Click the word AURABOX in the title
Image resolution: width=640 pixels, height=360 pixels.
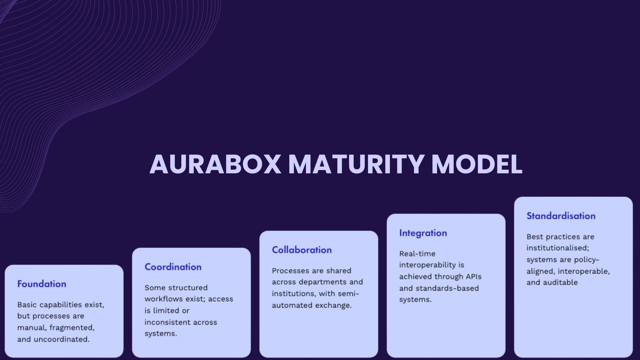(x=215, y=164)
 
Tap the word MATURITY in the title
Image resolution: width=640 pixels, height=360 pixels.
(x=356, y=164)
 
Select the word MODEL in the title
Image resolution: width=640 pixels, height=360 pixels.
(x=477, y=164)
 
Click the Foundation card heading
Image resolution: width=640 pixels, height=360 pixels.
(x=42, y=284)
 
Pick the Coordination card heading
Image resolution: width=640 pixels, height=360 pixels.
(x=173, y=267)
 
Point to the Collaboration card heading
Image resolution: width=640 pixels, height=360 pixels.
(x=302, y=250)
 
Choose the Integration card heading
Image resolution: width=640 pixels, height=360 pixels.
(x=423, y=233)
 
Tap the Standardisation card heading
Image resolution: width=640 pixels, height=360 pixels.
(x=561, y=216)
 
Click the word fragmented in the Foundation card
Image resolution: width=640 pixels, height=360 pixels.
(x=72, y=328)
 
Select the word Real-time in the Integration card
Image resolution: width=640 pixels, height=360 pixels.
(x=417, y=254)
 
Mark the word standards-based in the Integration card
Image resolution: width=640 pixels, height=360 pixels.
(x=447, y=288)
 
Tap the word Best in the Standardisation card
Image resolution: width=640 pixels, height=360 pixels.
(x=534, y=237)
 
